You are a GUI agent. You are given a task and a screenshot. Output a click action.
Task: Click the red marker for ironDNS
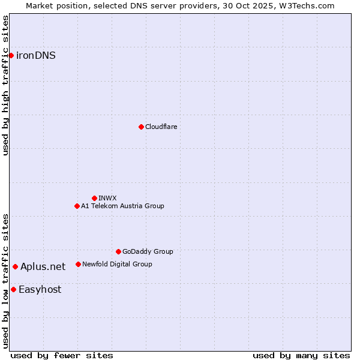pyautogui.click(x=11, y=56)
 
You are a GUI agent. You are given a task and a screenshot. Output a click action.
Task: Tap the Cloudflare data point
pyautogui.click(x=141, y=127)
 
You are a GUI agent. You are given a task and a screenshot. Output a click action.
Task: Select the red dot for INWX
pyautogui.click(x=94, y=198)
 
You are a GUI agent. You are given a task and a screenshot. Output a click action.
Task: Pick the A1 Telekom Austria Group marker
pyautogui.click(x=77, y=206)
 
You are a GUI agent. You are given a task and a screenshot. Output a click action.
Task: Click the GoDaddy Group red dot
pyautogui.click(x=118, y=251)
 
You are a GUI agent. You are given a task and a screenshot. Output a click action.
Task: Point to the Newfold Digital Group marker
pyautogui.click(x=78, y=264)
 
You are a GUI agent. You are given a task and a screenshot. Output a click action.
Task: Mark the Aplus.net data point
pyautogui.click(x=15, y=266)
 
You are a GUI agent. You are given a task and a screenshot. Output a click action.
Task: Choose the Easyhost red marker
pyautogui.click(x=13, y=289)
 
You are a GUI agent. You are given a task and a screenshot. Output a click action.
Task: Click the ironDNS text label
pyautogui.click(x=36, y=56)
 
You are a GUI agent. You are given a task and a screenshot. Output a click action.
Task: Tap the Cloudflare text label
pyautogui.click(x=161, y=127)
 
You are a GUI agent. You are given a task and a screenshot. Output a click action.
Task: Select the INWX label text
pyautogui.click(x=107, y=198)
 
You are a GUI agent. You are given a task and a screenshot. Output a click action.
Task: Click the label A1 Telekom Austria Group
pyautogui.click(x=122, y=206)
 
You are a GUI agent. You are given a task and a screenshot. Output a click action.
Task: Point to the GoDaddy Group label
pyautogui.click(x=148, y=251)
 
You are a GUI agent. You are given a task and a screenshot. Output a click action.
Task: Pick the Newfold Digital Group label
pyautogui.click(x=117, y=264)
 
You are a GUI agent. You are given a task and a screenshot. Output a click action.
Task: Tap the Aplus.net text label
pyautogui.click(x=43, y=266)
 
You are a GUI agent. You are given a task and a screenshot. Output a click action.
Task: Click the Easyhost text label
pyautogui.click(x=40, y=289)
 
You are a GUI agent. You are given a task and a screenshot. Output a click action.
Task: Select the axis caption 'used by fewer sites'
pyautogui.click(x=62, y=355)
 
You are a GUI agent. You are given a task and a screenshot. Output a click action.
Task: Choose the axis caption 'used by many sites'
pyautogui.click(x=301, y=355)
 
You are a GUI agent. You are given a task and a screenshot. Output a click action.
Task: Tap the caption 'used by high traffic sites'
pyautogui.click(x=5, y=85)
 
